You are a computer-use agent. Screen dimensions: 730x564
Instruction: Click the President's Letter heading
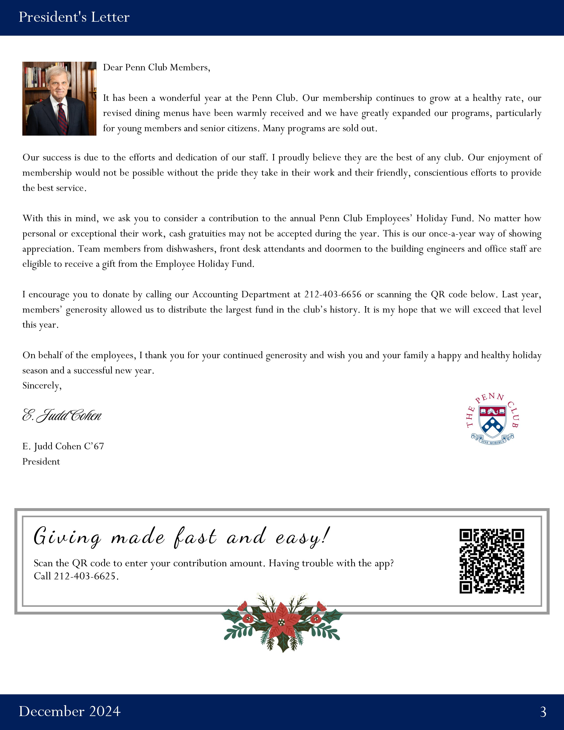tap(74, 17)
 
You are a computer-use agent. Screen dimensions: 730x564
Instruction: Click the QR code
tap(491, 561)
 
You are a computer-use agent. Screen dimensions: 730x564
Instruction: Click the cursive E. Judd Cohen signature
tap(62, 415)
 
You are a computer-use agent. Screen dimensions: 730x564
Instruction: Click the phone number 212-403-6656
tap(332, 294)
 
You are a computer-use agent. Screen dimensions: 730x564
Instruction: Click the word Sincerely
tap(42, 386)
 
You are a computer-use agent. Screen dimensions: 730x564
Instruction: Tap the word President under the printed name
tap(41, 462)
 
